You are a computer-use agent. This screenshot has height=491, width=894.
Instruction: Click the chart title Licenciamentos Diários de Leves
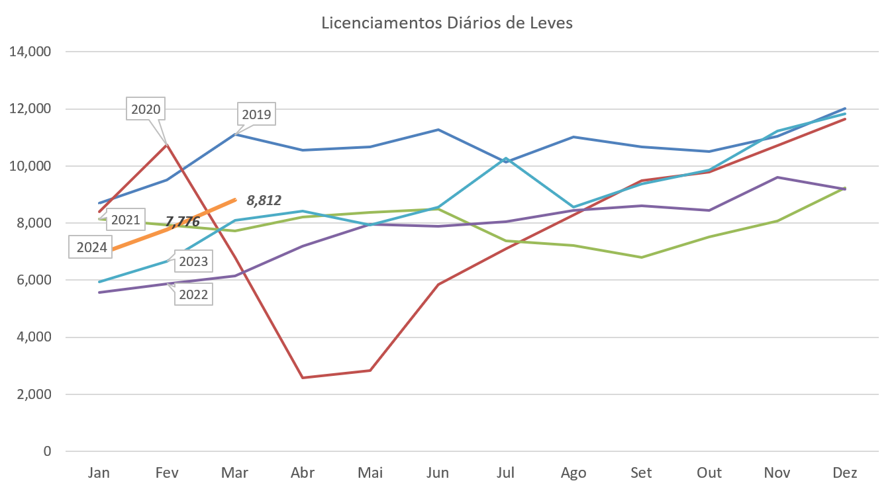click(x=447, y=23)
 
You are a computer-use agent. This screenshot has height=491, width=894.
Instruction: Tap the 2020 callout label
click(x=146, y=109)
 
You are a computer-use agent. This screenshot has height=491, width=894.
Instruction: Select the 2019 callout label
click(x=256, y=115)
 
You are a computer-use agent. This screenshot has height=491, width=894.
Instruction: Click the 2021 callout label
click(x=124, y=218)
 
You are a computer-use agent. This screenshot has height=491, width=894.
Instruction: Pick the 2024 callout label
click(x=91, y=247)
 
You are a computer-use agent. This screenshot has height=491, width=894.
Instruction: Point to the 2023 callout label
click(x=193, y=261)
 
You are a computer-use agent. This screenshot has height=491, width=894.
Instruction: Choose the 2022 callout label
click(x=193, y=294)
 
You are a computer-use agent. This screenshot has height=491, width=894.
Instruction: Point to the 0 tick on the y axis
click(x=47, y=451)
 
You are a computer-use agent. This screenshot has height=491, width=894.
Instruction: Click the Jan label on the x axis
click(x=99, y=473)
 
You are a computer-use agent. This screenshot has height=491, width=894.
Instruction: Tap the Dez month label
click(x=846, y=473)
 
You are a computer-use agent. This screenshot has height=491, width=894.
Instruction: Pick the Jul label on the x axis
click(x=506, y=473)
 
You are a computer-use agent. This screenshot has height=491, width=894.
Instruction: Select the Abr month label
click(x=303, y=473)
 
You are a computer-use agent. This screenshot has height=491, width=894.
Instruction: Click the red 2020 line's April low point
click(x=303, y=377)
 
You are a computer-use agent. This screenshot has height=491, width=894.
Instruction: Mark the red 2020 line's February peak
click(x=168, y=144)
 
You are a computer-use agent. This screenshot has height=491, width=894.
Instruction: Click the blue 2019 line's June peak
click(x=438, y=130)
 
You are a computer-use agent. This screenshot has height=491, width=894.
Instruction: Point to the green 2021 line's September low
click(x=641, y=257)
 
